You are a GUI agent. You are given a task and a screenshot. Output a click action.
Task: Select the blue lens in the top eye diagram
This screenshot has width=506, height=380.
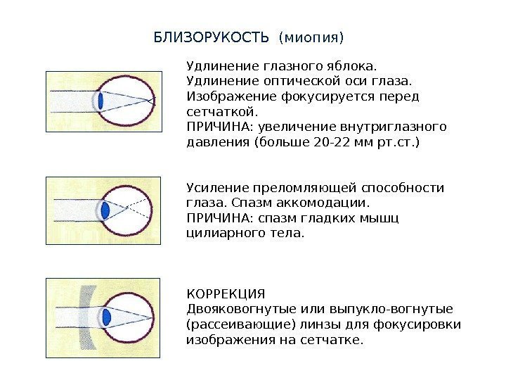click(101, 101)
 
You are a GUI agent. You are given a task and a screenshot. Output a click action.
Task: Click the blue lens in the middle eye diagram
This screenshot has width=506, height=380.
click(106, 209)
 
